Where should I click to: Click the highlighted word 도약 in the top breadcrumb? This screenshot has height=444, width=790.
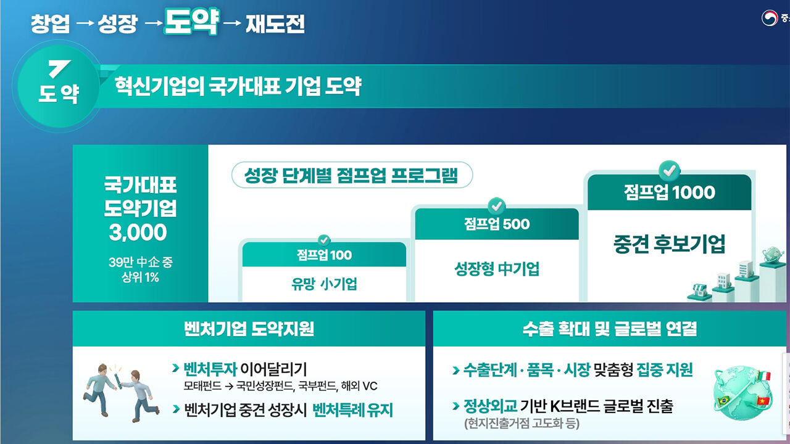pyautogui.click(x=191, y=21)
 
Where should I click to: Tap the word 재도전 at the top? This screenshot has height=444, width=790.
pyautogui.click(x=275, y=24)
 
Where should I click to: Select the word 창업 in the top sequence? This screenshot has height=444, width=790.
pyautogui.click(x=50, y=24)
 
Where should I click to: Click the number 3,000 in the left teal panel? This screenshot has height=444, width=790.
pyautogui.click(x=138, y=232)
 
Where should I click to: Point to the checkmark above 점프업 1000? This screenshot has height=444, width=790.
pyautogui.click(x=669, y=171)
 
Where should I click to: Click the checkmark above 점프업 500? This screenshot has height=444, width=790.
pyautogui.click(x=496, y=206)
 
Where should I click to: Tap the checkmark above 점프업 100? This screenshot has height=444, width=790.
pyautogui.click(x=324, y=240)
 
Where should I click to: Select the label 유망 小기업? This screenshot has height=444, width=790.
pyautogui.click(x=324, y=284)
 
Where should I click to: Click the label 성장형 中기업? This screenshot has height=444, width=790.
pyautogui.click(x=497, y=269)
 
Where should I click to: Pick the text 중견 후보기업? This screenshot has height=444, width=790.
pyautogui.click(x=669, y=244)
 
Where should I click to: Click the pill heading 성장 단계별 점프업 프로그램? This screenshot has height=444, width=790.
pyautogui.click(x=352, y=175)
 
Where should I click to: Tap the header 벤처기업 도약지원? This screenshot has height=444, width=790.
pyautogui.click(x=249, y=329)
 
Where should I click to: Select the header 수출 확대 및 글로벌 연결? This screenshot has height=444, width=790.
pyautogui.click(x=610, y=329)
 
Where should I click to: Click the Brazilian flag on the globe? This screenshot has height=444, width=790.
pyautogui.click(x=724, y=401)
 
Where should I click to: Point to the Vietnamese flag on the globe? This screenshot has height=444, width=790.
pyautogui.click(x=763, y=401)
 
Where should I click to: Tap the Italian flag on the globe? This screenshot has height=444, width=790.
pyautogui.click(x=764, y=376)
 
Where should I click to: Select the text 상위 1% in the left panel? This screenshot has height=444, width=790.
pyautogui.click(x=140, y=277)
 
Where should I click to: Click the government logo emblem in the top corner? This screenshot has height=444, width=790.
pyautogui.click(x=770, y=18)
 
